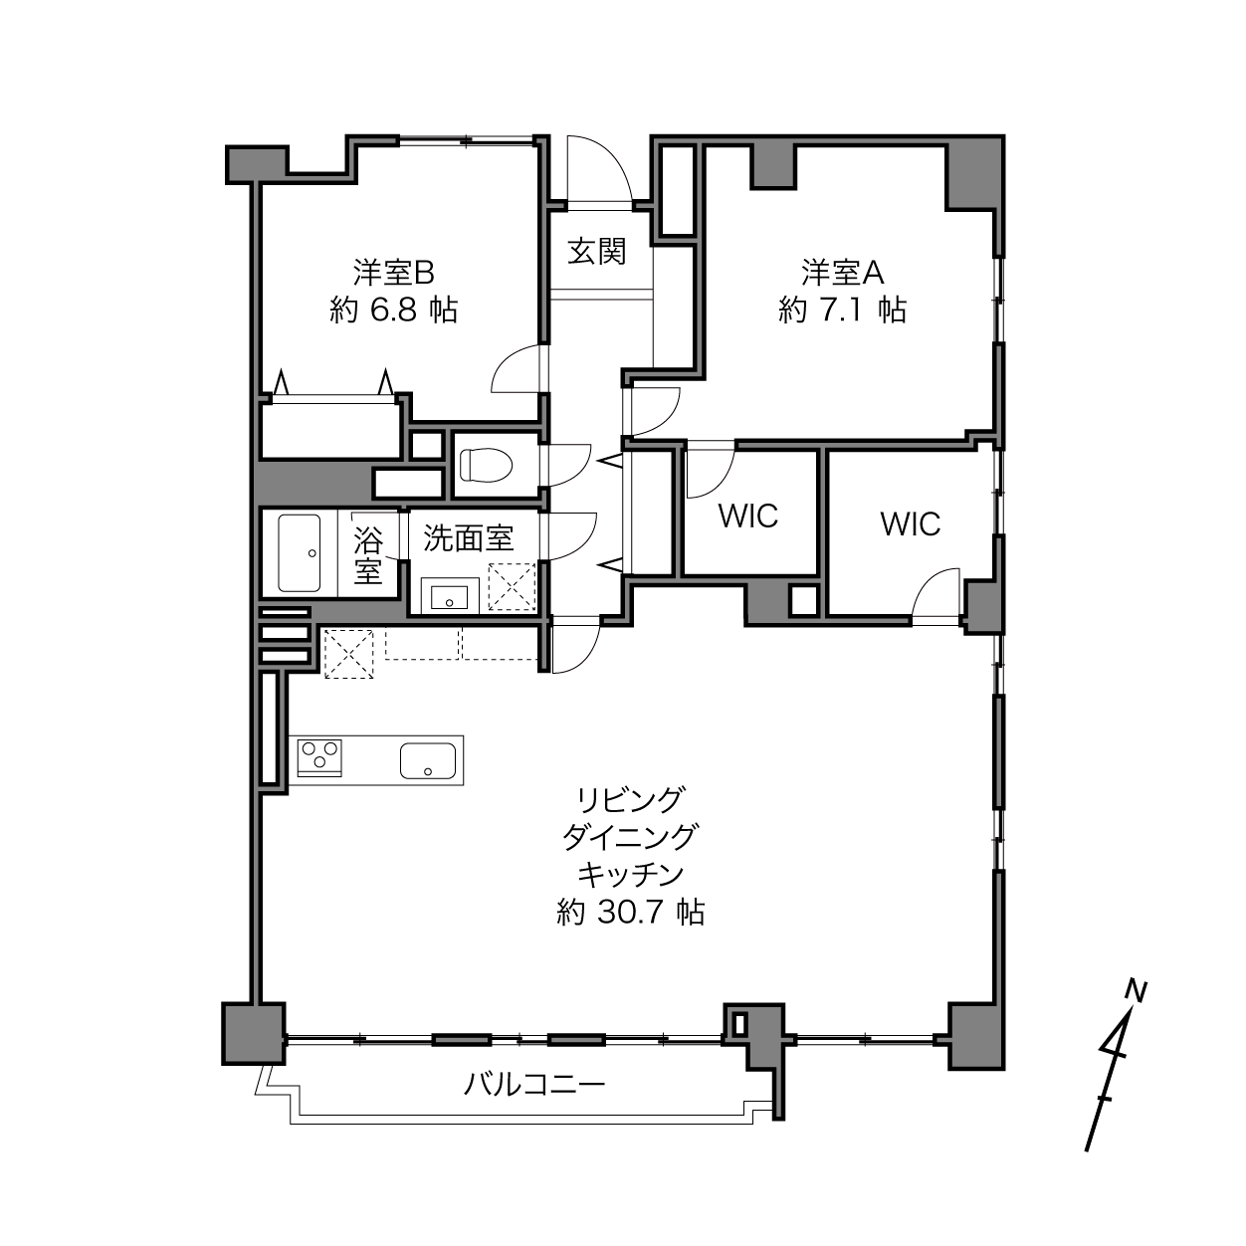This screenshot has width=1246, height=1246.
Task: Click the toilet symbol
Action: pos(486,464)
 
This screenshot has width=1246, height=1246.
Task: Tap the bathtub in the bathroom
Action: pos(300,553)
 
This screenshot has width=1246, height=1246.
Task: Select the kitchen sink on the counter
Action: pos(427,760)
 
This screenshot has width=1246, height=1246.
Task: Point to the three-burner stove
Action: pos(319,757)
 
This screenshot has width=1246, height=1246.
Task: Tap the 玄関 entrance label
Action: pos(597,252)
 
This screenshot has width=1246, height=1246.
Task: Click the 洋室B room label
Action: pos(394,273)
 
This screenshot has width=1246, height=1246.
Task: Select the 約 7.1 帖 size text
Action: pos(843,311)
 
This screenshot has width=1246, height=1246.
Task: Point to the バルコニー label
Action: pos(534,1084)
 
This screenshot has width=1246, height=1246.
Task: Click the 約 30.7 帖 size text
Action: pos(630,912)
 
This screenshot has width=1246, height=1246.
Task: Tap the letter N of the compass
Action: pos(1137,990)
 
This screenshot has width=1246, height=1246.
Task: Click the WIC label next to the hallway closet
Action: pos(748,516)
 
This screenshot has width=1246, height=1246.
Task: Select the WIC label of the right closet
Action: pos(911,523)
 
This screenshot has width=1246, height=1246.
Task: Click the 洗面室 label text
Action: pos(469,538)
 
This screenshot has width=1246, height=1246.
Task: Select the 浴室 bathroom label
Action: pos(368,554)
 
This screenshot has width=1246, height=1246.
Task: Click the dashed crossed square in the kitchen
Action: pos(348,653)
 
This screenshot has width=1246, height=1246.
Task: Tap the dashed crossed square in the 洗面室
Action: pos(513,587)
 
